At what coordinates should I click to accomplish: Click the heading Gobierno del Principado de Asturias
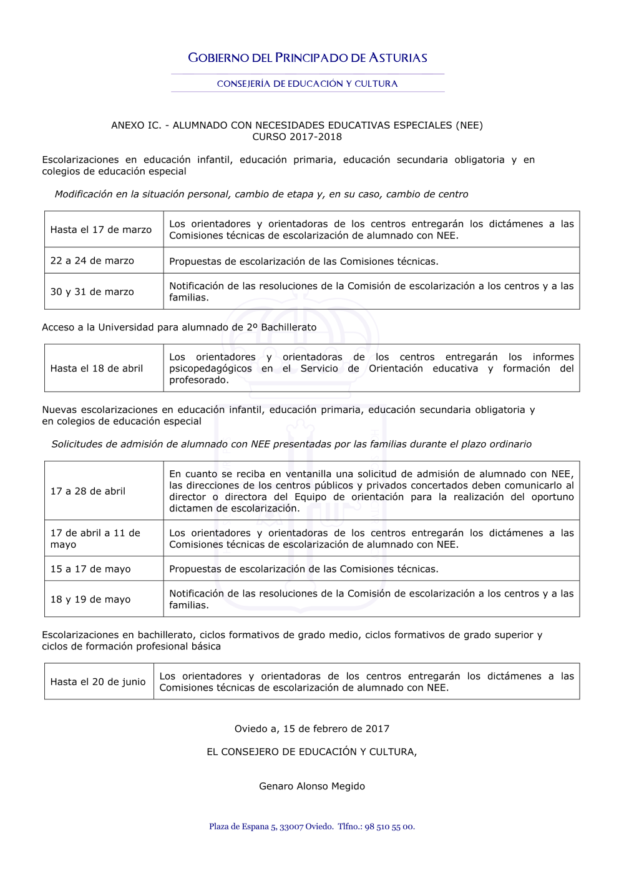(308, 58)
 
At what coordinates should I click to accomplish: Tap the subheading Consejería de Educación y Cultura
(307, 84)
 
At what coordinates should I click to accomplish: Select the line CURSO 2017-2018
(297, 137)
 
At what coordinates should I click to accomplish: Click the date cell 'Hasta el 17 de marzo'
(101, 230)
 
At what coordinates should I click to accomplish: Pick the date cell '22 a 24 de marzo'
(92, 260)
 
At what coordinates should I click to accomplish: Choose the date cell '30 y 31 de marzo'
(92, 292)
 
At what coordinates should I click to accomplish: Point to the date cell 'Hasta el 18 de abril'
(97, 368)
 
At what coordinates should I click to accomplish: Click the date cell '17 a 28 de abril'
(88, 491)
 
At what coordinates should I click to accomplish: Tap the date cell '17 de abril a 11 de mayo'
(95, 538)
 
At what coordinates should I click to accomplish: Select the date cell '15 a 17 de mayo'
(90, 569)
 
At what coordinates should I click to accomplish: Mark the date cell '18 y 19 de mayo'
(90, 599)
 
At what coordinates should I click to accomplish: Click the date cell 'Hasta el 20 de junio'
(98, 682)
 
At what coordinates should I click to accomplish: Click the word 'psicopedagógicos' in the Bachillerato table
(211, 369)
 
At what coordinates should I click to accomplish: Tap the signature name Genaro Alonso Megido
(312, 786)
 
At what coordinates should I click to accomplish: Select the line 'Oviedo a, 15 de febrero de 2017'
(312, 729)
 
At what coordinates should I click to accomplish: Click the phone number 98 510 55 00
(389, 827)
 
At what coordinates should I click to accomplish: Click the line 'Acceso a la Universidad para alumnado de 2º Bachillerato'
(179, 327)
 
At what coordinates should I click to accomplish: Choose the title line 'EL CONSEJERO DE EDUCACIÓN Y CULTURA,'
(312, 752)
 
